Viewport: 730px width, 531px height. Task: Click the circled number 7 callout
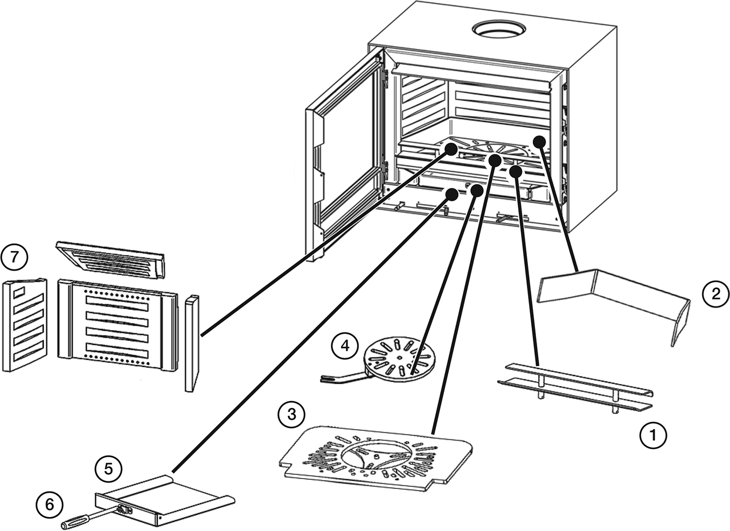(x=14, y=257)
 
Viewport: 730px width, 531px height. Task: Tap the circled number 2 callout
(x=715, y=294)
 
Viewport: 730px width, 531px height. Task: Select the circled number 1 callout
(x=653, y=435)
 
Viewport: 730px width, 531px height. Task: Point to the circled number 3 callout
(x=291, y=415)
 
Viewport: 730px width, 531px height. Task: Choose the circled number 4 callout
(x=345, y=345)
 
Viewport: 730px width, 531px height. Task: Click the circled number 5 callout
(x=108, y=469)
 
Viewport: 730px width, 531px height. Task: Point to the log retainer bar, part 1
(x=576, y=388)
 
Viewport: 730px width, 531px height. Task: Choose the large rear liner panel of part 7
(x=117, y=326)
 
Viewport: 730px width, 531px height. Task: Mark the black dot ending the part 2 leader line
(x=539, y=141)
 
